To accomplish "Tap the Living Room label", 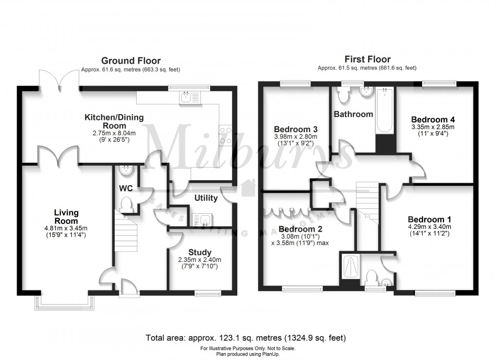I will coord(66,217).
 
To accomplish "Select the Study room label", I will coord(200,252).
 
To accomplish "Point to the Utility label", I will coord(206,198).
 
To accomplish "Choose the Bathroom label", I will coord(353,115).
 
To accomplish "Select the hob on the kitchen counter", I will coord(226,135).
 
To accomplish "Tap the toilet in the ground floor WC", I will coord(126,205).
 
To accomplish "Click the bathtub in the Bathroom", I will coord(384,110).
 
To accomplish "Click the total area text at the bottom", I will coord(246,338).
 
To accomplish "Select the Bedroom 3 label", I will coord(296,129).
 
